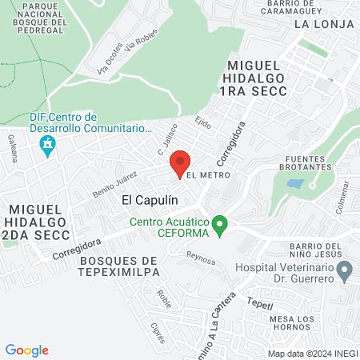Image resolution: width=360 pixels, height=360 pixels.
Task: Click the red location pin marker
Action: coord(180,162)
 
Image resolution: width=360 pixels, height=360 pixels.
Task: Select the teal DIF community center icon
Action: coord(46,146)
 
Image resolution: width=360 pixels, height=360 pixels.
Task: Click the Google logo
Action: coord(27,350)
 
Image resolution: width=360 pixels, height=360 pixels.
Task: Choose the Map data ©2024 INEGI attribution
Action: coord(312,353)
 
